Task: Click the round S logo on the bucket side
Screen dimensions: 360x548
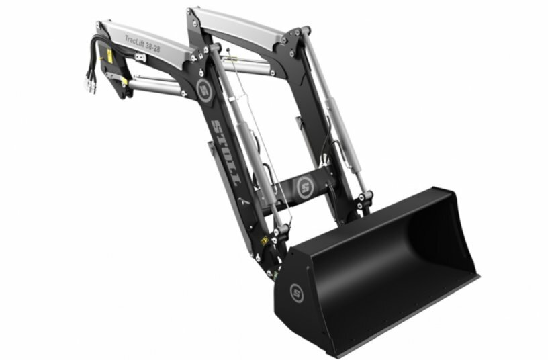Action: (x=296, y=291)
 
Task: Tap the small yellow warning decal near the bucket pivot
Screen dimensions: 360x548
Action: (x=265, y=239)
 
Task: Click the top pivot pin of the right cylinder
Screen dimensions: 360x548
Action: (x=305, y=31)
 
